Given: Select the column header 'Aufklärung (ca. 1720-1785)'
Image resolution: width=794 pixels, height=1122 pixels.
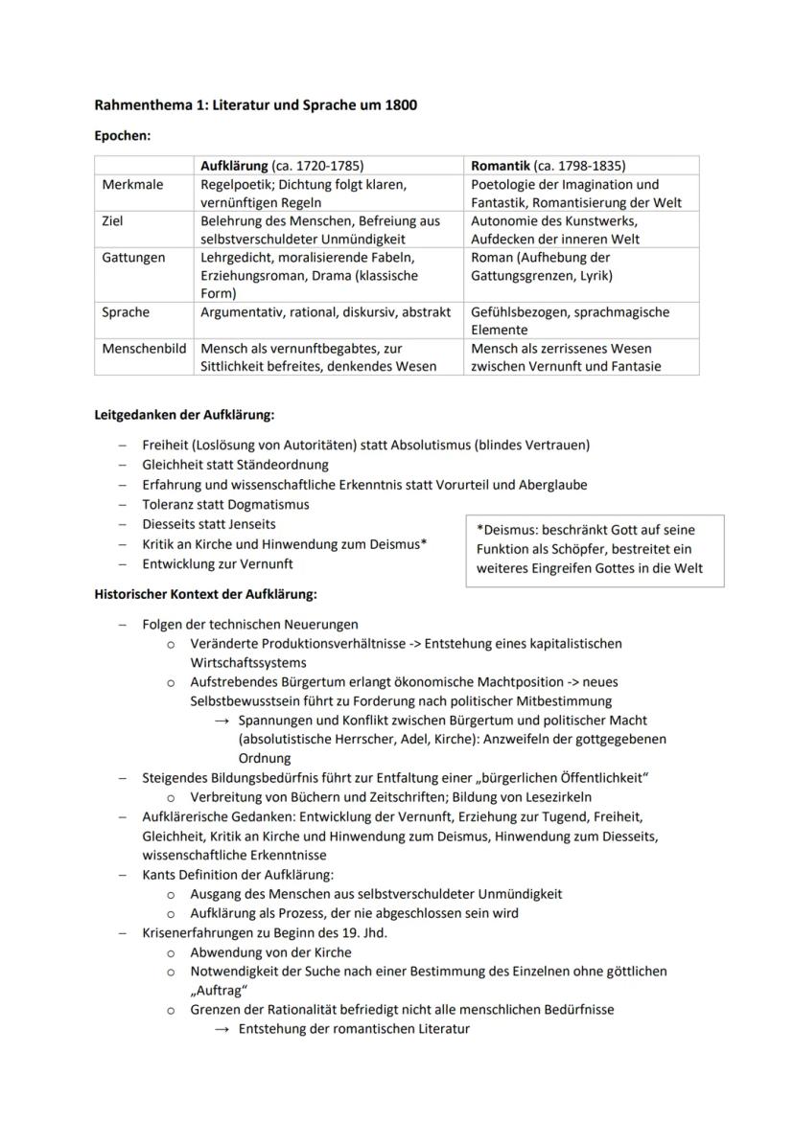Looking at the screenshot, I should (282, 166).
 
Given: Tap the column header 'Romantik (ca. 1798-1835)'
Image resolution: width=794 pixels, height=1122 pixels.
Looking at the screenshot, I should (548, 166).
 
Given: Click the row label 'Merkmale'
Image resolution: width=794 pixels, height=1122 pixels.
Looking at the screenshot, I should (132, 184).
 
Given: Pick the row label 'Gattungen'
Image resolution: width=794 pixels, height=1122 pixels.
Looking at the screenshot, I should (133, 258).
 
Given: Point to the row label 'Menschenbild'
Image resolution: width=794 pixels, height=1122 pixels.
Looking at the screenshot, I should (144, 349).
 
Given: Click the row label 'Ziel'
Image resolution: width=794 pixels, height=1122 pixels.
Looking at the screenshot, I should (113, 221).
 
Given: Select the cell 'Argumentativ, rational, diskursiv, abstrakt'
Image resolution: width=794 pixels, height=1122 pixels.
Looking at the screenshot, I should (325, 312).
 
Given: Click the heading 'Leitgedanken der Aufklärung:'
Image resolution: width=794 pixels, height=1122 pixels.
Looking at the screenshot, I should (184, 415).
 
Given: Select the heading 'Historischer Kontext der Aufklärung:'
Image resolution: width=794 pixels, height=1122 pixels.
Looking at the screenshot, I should (205, 594).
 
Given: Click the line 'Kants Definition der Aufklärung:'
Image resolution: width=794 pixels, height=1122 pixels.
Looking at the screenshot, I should (238, 875).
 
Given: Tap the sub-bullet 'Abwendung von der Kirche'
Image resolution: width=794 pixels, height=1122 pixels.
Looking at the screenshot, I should (270, 952).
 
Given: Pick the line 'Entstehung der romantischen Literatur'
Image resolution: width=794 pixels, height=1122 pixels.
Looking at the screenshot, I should (354, 1029).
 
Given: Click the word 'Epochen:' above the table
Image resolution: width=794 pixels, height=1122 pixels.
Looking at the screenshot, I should (123, 136).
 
